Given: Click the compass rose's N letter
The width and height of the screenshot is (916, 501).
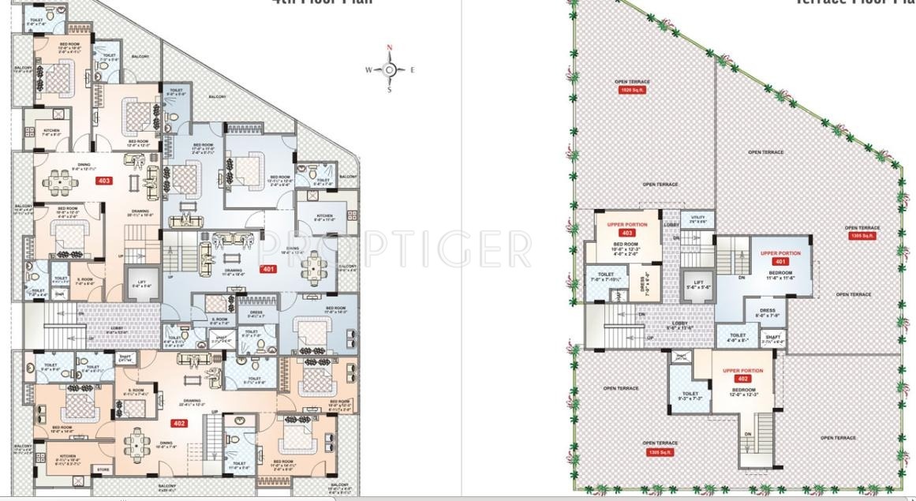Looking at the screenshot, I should pyautogui.click(x=389, y=48).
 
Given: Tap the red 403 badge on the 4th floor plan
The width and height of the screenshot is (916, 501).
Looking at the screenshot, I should pyautogui.click(x=104, y=181).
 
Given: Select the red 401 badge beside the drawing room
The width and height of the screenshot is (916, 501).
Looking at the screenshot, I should pyautogui.click(x=269, y=268).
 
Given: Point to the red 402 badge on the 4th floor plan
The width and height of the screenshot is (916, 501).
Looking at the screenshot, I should pyautogui.click(x=179, y=423).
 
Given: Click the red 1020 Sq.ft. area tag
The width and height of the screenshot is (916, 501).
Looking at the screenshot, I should pyautogui.click(x=632, y=90).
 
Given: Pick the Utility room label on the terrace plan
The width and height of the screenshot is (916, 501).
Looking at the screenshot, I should pyautogui.click(x=697, y=219).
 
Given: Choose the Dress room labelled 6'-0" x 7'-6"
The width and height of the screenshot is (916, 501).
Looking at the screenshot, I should pyautogui.click(x=767, y=313).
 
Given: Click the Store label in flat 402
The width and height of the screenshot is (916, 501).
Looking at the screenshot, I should pyautogui.click(x=103, y=469).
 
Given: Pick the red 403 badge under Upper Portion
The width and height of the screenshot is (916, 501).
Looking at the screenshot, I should pyautogui.click(x=627, y=234).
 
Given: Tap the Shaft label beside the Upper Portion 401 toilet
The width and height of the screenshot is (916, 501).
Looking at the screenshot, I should pyautogui.click(x=772, y=338).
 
